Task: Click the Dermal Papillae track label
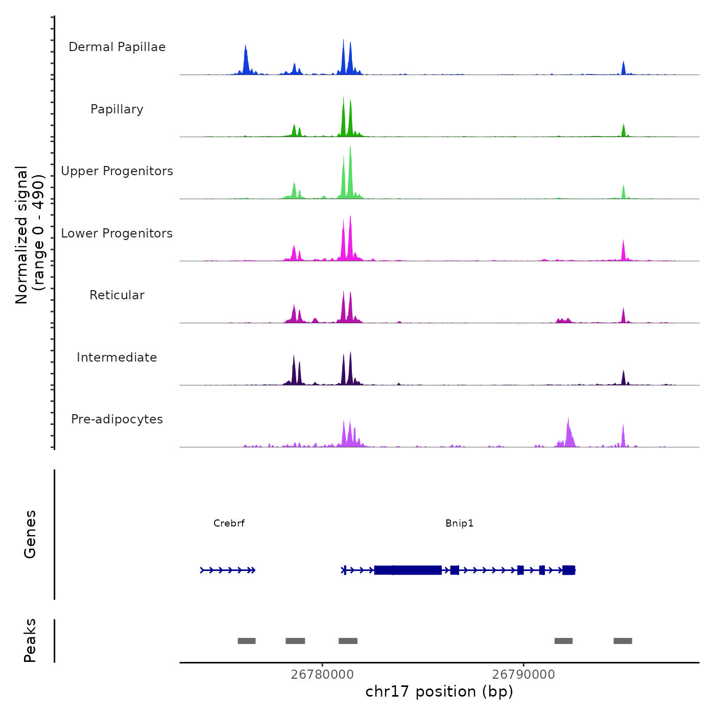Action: pos(117,47)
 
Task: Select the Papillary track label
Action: pos(117,109)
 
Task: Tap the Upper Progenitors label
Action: pos(117,171)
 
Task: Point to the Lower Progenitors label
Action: pos(117,233)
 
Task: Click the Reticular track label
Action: pos(117,295)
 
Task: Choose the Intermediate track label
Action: pos(117,357)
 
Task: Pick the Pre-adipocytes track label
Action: pos(117,419)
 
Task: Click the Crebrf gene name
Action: pos(229,523)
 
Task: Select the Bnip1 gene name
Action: pos(460,523)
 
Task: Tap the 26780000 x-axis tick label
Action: pos(322,675)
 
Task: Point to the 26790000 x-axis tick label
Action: pos(523,675)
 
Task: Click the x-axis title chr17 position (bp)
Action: pos(439,692)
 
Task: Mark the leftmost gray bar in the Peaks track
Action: pos(247,641)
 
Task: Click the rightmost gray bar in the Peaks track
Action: pos(623,641)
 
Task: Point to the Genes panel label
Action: pos(30,534)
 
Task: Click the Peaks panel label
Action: pos(30,640)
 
